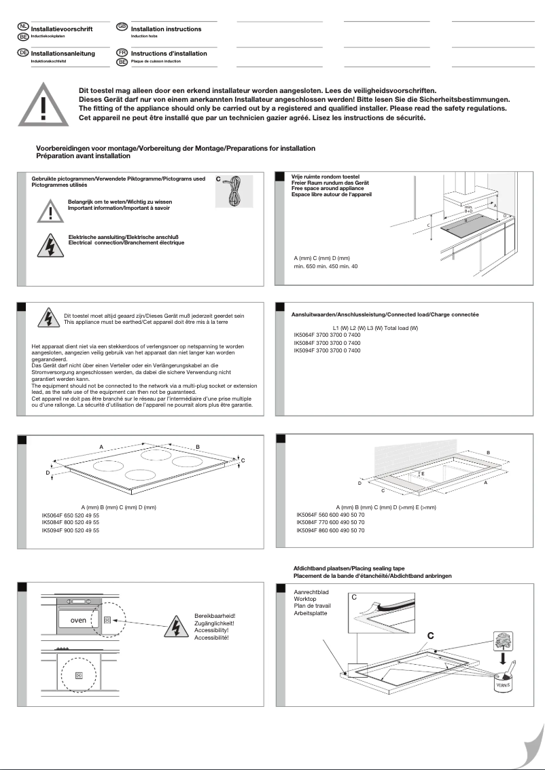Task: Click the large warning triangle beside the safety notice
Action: [43, 107]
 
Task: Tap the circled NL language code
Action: [23, 26]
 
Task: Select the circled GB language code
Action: [122, 26]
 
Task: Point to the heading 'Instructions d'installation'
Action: [169, 53]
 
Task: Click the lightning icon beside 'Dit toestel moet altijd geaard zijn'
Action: [48, 318]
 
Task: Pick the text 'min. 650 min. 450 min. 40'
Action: [326, 266]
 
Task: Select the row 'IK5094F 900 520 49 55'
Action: [71, 530]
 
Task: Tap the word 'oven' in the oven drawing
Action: [78, 621]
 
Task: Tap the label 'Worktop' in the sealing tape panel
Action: [304, 600]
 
